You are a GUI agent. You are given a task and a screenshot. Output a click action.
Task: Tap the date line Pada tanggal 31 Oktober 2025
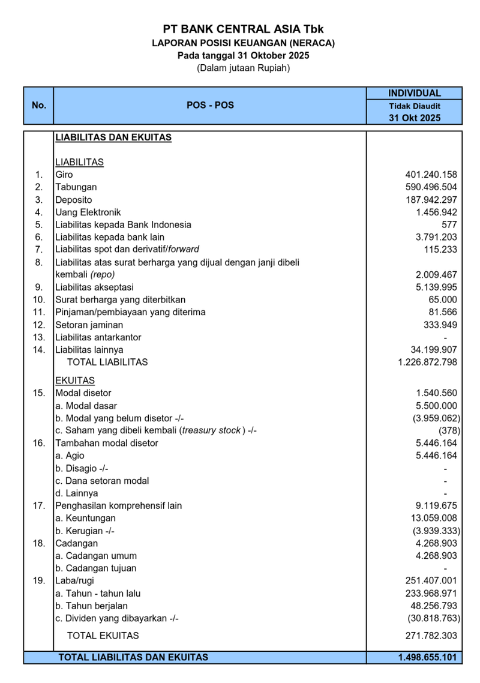pos(244,55)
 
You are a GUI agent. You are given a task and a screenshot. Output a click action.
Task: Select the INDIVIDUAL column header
pos(414,93)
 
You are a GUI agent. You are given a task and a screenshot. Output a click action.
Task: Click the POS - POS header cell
pos(210,105)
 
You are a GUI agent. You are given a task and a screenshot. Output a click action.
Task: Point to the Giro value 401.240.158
pos(431,175)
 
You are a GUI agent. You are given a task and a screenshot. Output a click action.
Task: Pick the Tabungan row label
pos(76,187)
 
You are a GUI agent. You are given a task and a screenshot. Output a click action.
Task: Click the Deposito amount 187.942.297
pos(431,200)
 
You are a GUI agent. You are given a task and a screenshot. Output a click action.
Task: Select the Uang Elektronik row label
pos(88,212)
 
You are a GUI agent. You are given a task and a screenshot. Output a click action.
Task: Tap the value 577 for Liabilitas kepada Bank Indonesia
pos(449,224)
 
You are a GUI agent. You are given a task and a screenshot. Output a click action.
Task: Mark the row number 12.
pos(39,325)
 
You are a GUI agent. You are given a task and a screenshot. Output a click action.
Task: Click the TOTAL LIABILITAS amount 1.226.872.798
pos(427,362)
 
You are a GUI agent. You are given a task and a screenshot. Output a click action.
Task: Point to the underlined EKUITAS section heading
pos(75,381)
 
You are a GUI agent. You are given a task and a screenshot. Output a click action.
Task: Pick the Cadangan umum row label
pos(96,556)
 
